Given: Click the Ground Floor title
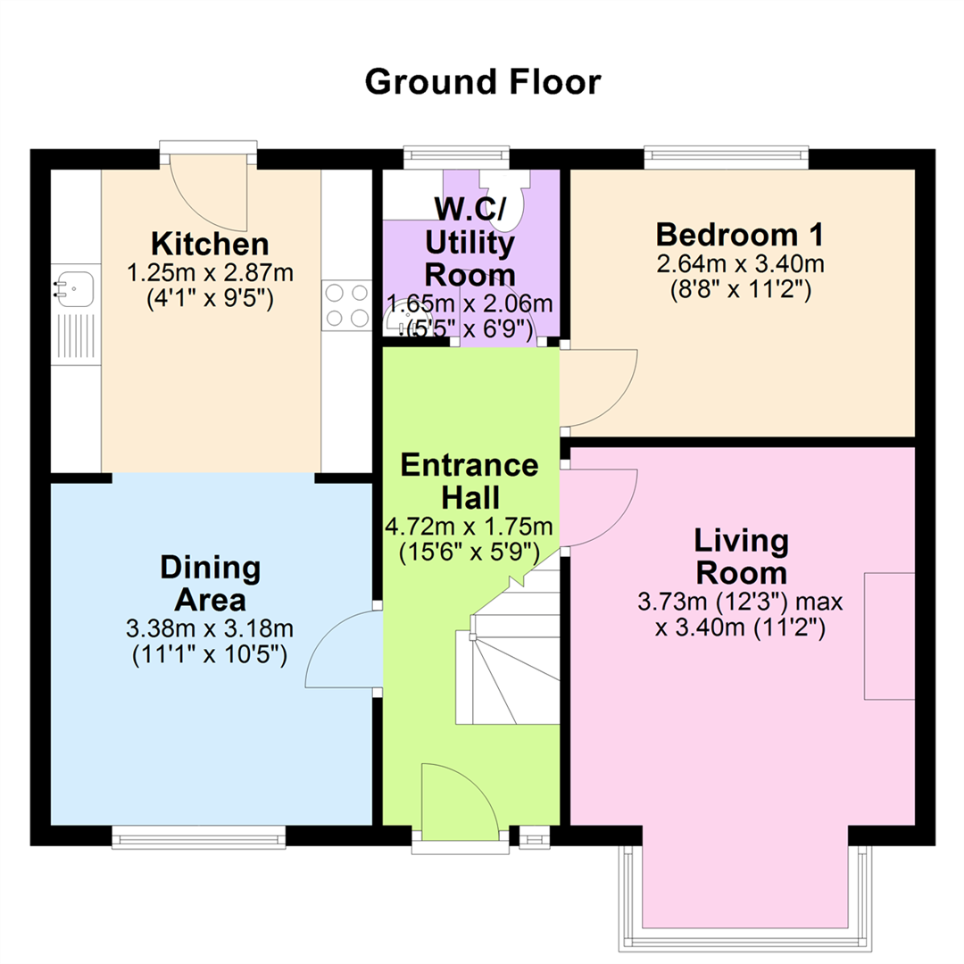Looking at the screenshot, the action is pyautogui.click(x=483, y=82).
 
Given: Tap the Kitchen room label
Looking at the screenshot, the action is pyautogui.click(x=211, y=244).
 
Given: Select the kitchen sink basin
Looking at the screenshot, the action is pyautogui.click(x=75, y=289).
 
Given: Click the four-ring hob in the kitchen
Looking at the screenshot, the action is pyautogui.click(x=346, y=305).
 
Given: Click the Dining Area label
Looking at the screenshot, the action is pyautogui.click(x=211, y=584).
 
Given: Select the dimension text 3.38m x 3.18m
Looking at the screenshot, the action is pyautogui.click(x=210, y=628).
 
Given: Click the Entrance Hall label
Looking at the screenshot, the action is pyautogui.click(x=470, y=481).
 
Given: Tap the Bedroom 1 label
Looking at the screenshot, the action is pyautogui.click(x=740, y=234).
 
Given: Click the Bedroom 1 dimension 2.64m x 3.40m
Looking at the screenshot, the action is pyautogui.click(x=740, y=264).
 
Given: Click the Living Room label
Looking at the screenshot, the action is pyautogui.click(x=742, y=557).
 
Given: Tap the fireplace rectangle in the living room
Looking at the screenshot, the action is pyautogui.click(x=890, y=636).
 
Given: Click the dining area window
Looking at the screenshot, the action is pyautogui.click(x=198, y=837).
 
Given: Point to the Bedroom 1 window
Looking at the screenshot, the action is pyautogui.click(x=727, y=157).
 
